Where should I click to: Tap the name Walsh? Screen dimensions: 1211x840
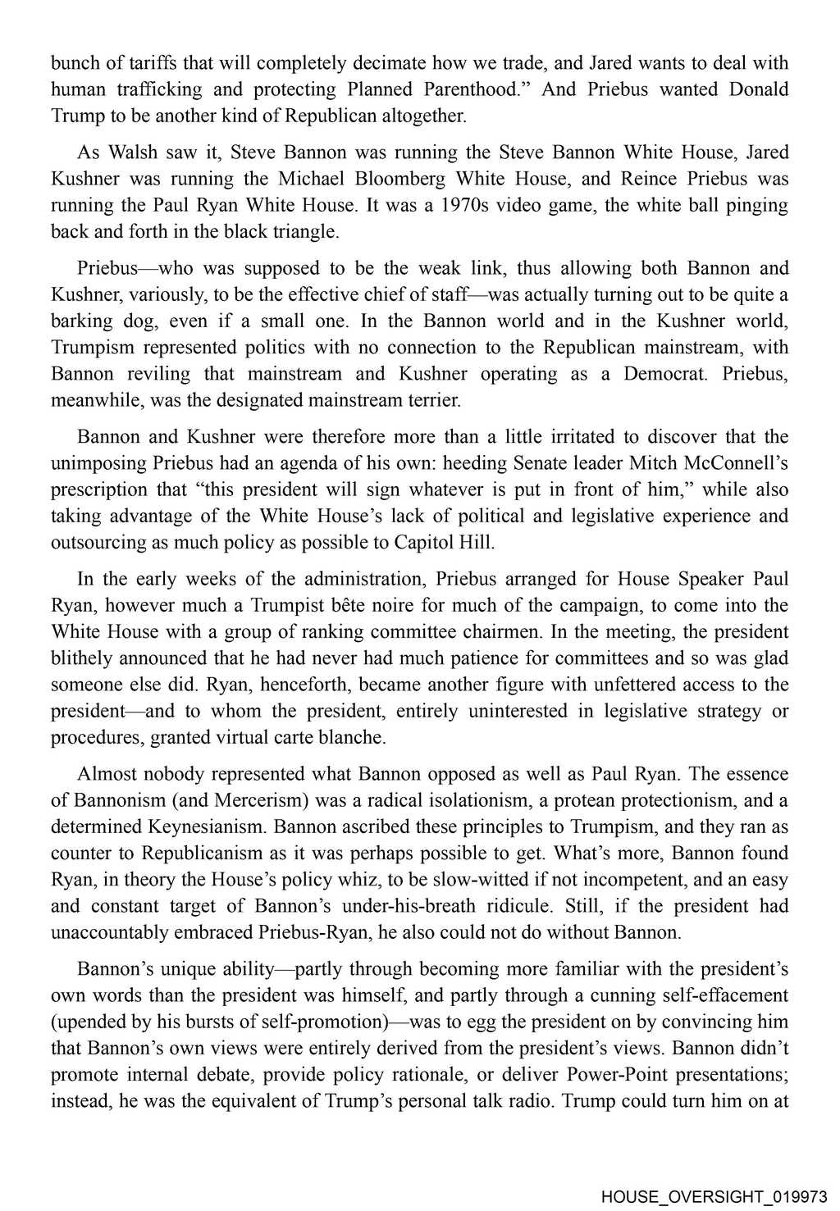tap(133, 153)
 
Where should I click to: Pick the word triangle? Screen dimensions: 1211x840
tap(308, 232)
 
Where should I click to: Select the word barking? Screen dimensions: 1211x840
tap(80, 321)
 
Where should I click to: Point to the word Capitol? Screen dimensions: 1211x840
tap(423, 543)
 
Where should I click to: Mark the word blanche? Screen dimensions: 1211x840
tap(356, 738)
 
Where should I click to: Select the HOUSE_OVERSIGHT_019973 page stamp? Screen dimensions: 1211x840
tap(714, 1196)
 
